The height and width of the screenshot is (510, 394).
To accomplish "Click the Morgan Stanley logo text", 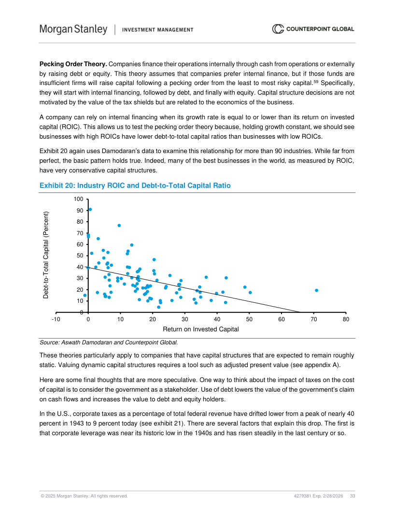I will click(73, 29).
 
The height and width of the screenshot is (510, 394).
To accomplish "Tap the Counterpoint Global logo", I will click(313, 29).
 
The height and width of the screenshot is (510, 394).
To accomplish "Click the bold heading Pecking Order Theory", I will click(73, 64).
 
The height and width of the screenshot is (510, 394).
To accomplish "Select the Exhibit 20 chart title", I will click(135, 185).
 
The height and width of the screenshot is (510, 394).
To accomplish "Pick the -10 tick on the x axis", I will click(56, 319).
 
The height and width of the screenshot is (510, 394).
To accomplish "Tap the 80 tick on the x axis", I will click(346, 319).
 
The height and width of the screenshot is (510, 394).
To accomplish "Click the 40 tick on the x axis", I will click(217, 319).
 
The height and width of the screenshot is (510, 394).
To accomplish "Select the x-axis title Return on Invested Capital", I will click(200, 329).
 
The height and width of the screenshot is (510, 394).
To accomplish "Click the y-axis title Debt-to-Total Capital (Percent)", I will click(46, 255).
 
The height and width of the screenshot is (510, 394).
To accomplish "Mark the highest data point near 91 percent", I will click(90, 210).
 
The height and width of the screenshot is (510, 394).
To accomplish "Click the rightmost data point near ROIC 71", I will click(316, 290).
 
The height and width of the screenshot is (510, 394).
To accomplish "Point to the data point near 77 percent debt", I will click(119, 226).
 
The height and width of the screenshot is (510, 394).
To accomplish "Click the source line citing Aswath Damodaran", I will click(109, 343).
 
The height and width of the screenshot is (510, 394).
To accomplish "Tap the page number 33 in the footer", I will click(352, 496).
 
